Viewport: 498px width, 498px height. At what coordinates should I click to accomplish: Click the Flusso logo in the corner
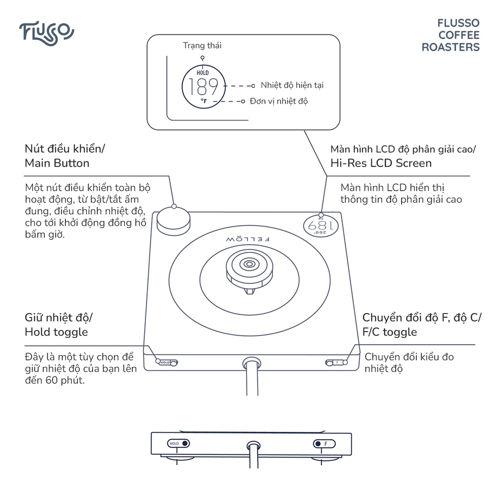(47, 32)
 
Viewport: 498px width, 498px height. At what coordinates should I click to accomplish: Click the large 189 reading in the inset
(203, 87)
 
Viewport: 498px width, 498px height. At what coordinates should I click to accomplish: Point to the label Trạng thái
(202, 46)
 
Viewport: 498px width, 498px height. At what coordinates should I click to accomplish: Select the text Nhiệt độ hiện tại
(292, 86)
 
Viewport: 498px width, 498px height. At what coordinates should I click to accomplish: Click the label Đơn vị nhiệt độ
(279, 101)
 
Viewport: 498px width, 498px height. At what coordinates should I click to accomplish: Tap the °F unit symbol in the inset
(203, 101)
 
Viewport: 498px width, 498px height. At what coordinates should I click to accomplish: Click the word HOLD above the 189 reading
(203, 73)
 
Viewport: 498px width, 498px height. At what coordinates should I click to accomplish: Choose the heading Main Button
(57, 163)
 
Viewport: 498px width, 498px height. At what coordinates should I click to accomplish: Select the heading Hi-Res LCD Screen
(381, 163)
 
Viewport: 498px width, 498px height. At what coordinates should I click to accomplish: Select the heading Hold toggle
(56, 332)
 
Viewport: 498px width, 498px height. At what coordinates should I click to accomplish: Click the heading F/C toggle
(390, 332)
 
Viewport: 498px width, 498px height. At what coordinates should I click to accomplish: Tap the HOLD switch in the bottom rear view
(178, 444)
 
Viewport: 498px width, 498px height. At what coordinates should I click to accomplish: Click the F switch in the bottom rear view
(323, 444)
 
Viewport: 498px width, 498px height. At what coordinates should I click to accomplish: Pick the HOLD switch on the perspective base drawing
(167, 362)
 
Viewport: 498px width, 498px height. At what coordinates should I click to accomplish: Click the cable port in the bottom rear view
(252, 445)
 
